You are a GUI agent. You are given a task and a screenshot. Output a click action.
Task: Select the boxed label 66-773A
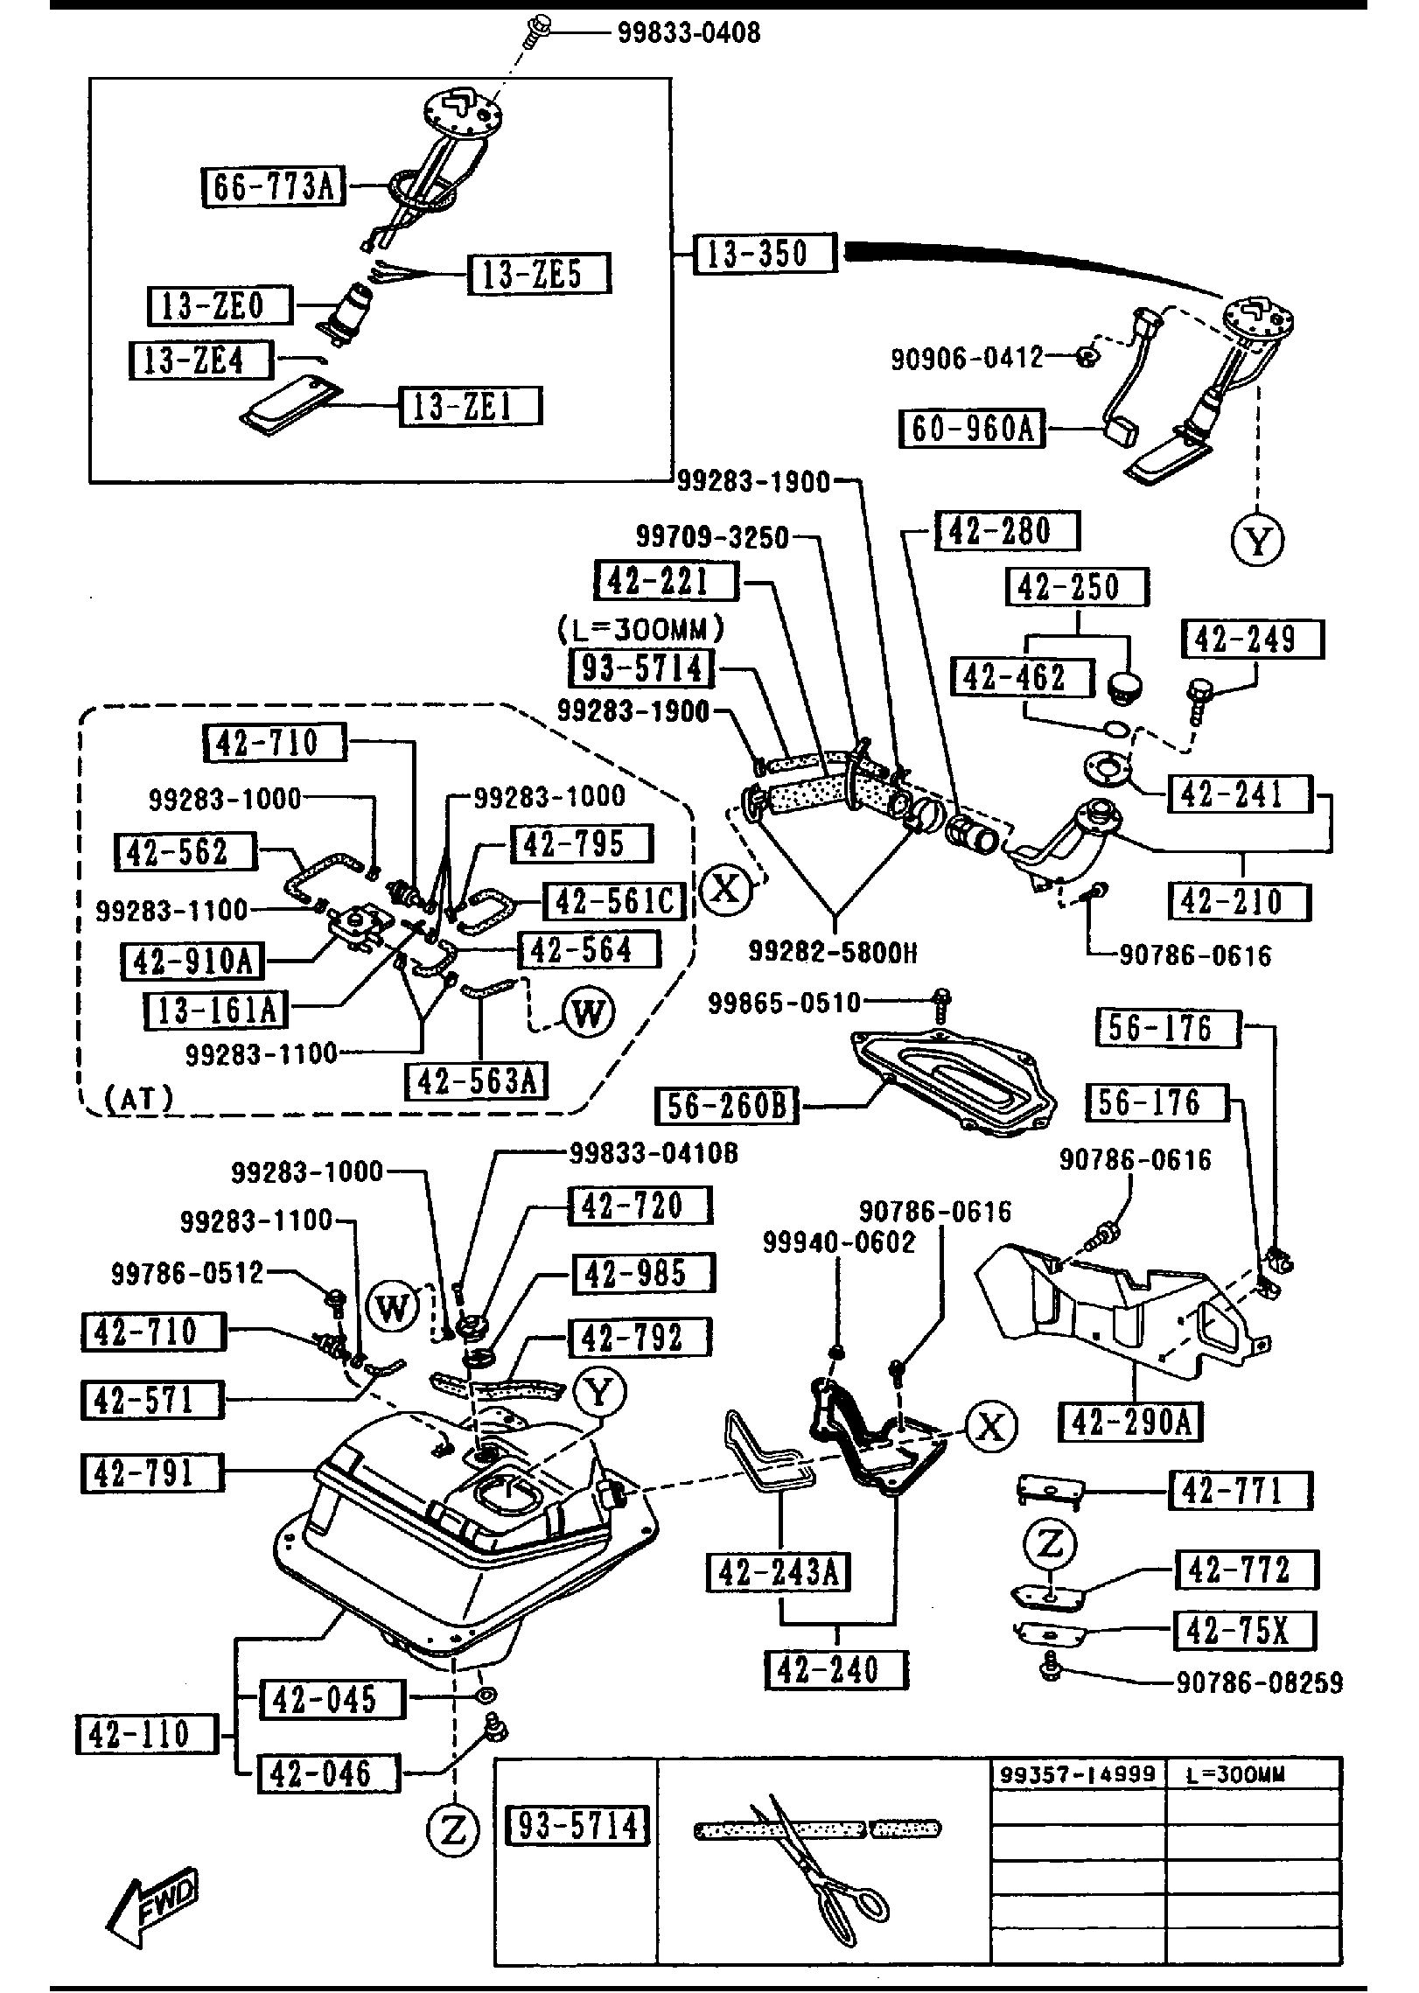274,187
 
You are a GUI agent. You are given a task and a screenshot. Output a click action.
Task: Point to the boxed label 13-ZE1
471,406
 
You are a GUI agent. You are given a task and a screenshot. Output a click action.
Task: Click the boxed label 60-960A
973,429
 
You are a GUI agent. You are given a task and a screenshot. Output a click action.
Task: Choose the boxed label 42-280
1007,531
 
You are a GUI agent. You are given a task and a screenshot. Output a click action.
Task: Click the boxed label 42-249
1253,639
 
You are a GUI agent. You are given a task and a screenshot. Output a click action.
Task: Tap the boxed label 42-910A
192,961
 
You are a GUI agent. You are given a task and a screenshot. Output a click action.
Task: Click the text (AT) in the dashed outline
139,1099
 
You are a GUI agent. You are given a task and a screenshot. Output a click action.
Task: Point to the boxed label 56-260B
728,1106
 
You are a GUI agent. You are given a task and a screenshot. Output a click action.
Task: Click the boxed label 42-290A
1130,1422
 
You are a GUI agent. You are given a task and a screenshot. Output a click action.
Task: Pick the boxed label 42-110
147,1733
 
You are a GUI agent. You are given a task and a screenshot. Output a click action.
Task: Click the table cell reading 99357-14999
1078,1774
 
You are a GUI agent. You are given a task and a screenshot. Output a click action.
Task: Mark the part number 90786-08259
1259,1682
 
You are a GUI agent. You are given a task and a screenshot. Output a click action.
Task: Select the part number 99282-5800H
833,952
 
